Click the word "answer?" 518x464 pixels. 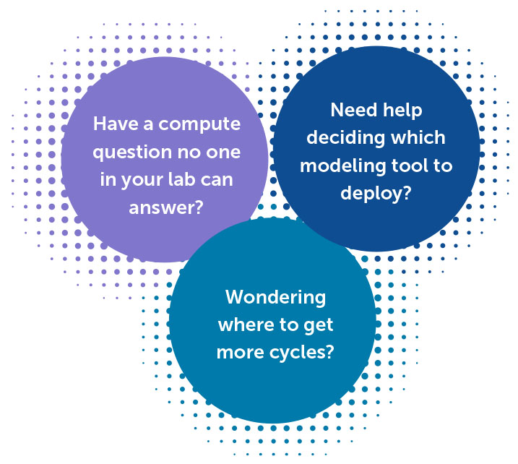point(166,208)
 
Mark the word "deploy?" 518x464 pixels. point(376,194)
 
